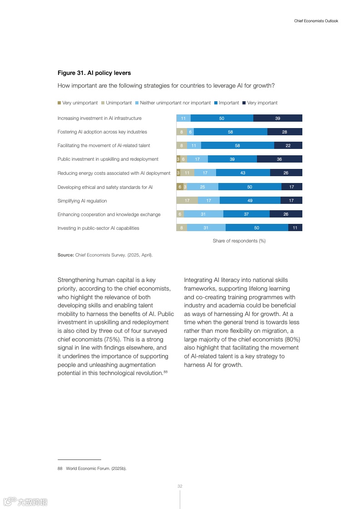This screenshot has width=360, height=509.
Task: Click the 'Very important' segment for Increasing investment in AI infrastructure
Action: point(277,118)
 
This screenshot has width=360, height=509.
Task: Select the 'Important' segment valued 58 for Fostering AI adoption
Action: point(231,132)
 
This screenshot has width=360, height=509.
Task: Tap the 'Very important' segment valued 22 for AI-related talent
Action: point(288,145)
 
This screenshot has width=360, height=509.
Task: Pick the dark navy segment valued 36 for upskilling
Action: point(279,159)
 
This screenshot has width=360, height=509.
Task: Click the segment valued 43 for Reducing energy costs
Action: point(243,173)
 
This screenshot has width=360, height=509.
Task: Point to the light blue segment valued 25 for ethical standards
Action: point(202,187)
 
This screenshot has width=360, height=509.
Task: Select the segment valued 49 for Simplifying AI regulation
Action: point(250,200)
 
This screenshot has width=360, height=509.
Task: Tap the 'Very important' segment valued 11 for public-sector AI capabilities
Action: point(295,228)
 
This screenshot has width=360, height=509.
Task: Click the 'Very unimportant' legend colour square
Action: point(59,103)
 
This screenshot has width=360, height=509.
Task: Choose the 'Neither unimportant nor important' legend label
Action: point(175,103)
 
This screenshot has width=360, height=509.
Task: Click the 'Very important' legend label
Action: point(262,103)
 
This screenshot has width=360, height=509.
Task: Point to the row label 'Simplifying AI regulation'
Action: point(82,201)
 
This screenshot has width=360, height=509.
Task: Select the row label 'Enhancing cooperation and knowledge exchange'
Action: point(109,214)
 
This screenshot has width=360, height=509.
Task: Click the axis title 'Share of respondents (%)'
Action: point(239,241)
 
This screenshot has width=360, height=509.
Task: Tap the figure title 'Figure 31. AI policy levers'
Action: point(94,73)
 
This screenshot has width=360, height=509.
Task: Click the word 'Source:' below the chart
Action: point(65,255)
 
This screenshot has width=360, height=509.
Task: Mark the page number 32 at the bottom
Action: point(180,486)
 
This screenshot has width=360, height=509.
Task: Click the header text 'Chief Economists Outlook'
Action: point(316,21)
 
